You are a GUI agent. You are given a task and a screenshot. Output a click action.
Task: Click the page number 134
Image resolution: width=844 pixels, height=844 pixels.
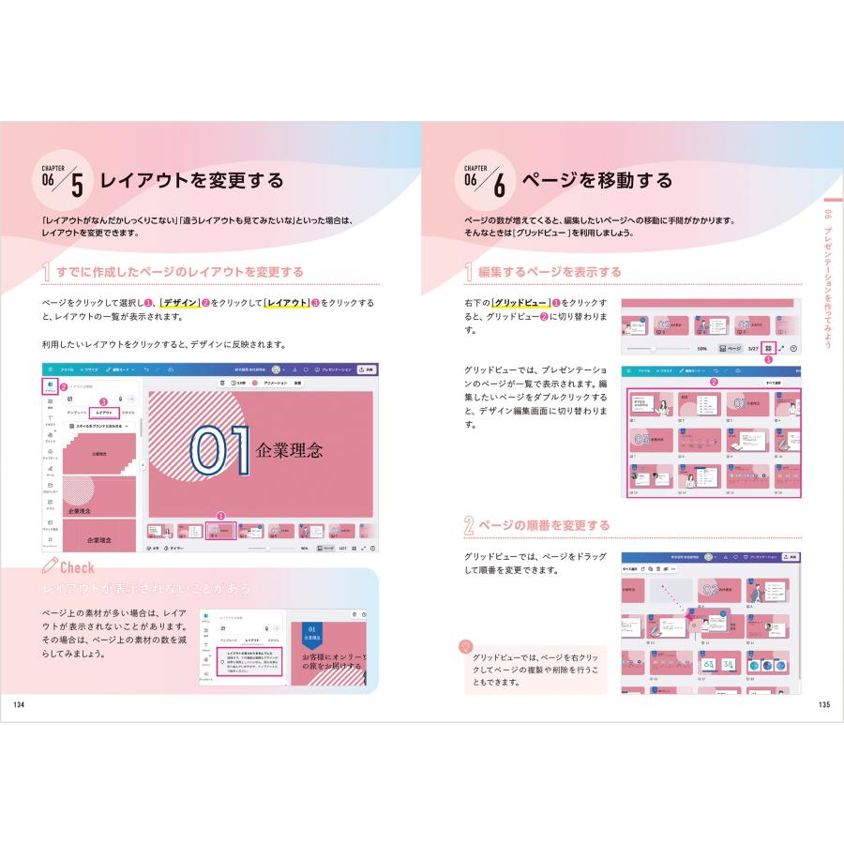click(x=19, y=704)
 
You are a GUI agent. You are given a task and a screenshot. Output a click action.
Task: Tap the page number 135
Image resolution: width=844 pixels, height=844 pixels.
click(x=823, y=704)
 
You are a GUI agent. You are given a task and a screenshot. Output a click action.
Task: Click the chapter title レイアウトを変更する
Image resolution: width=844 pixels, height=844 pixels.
click(x=191, y=180)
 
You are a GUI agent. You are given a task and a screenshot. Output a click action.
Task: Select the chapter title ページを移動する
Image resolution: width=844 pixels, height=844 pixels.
click(x=597, y=180)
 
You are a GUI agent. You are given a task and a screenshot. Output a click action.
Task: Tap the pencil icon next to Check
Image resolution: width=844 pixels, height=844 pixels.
click(x=52, y=565)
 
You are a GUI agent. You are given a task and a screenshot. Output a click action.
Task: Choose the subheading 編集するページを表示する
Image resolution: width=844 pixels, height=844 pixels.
click(x=550, y=272)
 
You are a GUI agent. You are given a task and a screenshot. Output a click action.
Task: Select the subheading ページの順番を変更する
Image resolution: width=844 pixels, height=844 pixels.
click(x=544, y=524)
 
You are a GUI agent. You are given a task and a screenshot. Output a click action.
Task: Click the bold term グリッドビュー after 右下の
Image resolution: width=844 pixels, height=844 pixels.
click(x=520, y=303)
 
